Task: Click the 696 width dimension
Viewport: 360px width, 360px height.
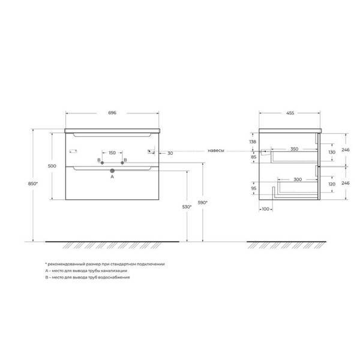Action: (x=112, y=113)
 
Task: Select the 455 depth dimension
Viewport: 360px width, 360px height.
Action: (x=290, y=113)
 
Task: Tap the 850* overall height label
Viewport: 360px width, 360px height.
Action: (x=33, y=184)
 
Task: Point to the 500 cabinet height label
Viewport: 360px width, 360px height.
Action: (x=52, y=166)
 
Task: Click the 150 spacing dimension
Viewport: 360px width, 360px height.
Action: (x=112, y=152)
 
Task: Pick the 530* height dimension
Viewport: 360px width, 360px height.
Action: (x=187, y=207)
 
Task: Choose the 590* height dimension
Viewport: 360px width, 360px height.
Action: (x=203, y=203)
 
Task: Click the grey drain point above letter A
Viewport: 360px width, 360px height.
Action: (x=112, y=171)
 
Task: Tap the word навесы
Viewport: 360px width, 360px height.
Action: (x=216, y=151)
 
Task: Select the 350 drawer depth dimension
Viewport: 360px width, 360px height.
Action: (x=295, y=149)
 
